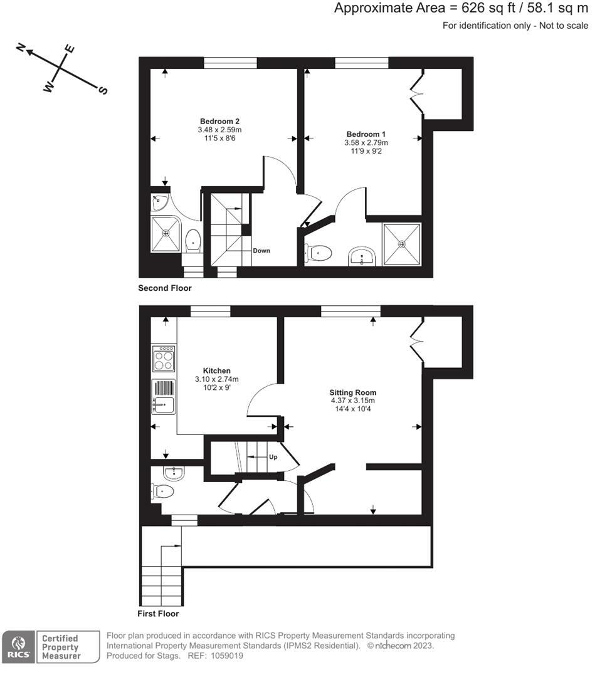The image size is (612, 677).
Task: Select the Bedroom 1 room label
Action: [366, 134]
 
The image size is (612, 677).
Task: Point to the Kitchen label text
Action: [216, 370]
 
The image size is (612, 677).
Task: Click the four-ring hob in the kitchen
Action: [164, 360]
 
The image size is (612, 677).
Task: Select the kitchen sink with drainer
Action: [164, 397]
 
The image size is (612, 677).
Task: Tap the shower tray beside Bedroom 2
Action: [166, 234]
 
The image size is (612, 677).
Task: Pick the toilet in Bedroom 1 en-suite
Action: [317, 253]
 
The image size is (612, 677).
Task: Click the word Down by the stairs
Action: [261, 251]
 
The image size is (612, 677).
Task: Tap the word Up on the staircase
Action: [273, 457]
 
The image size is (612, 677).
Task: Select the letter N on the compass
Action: [21, 48]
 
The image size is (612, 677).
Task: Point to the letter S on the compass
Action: [103, 90]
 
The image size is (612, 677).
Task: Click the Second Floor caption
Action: [165, 288]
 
